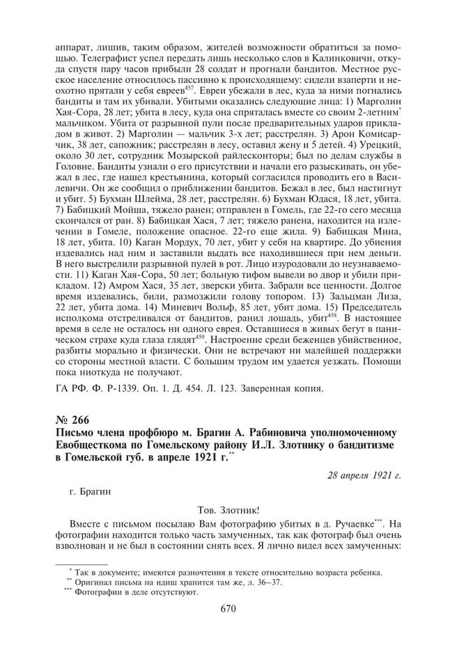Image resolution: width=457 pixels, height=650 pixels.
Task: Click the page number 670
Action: click(x=228, y=610)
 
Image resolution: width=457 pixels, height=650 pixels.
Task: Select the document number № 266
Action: click(x=72, y=419)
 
